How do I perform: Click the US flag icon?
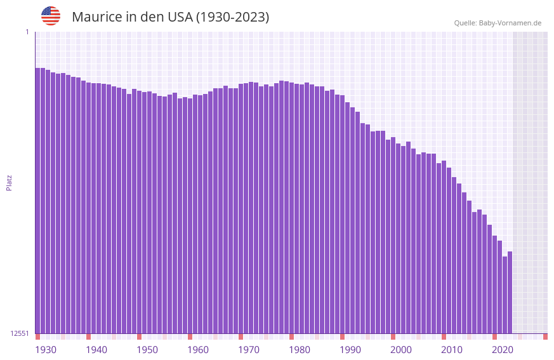(51, 16)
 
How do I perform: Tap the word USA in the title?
(180, 17)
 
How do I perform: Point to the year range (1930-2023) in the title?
(232, 17)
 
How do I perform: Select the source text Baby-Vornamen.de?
(510, 23)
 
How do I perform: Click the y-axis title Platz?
(9, 182)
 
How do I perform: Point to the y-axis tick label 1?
(27, 32)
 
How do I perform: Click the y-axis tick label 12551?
(19, 333)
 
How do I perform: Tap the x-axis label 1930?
(46, 350)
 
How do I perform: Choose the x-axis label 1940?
(96, 350)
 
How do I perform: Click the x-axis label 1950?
(147, 350)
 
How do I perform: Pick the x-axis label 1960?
(198, 350)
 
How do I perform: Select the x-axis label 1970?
(249, 350)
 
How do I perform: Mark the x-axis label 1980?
(300, 350)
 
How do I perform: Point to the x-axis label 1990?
(350, 350)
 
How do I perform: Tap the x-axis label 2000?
(401, 350)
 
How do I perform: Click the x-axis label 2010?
(452, 350)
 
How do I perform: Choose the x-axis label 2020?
(503, 350)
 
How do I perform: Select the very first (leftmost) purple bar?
(37, 200)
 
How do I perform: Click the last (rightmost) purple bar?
(510, 292)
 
